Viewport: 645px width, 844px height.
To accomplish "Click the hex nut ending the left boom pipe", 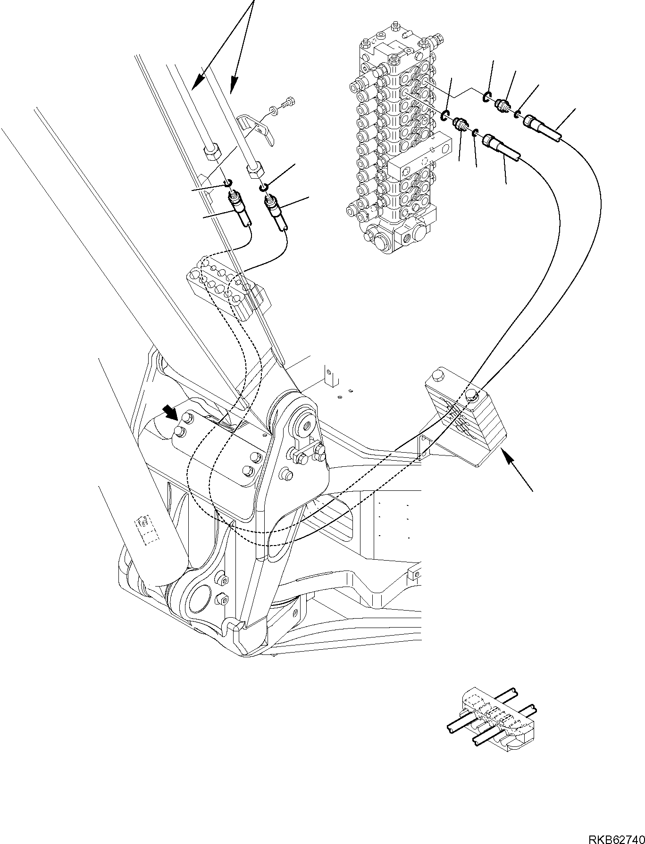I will (x=210, y=153).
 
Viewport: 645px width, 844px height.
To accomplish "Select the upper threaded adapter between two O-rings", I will (x=503, y=103).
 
